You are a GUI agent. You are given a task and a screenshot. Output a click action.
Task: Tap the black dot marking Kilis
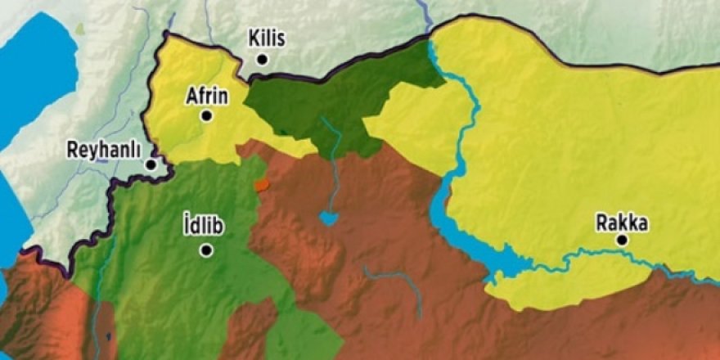point(263,59)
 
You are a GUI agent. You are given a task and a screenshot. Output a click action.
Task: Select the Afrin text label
point(208,97)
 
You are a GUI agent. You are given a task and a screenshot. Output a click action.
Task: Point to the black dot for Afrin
point(207,116)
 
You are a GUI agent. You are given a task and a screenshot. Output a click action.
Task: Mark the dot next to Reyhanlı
point(151,164)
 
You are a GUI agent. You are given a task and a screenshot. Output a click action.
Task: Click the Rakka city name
point(623,222)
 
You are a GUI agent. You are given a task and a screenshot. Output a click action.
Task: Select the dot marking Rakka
point(623,241)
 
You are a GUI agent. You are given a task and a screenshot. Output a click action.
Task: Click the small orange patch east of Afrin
point(261,186)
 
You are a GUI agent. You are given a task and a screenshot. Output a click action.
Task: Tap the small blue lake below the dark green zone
point(329,218)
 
